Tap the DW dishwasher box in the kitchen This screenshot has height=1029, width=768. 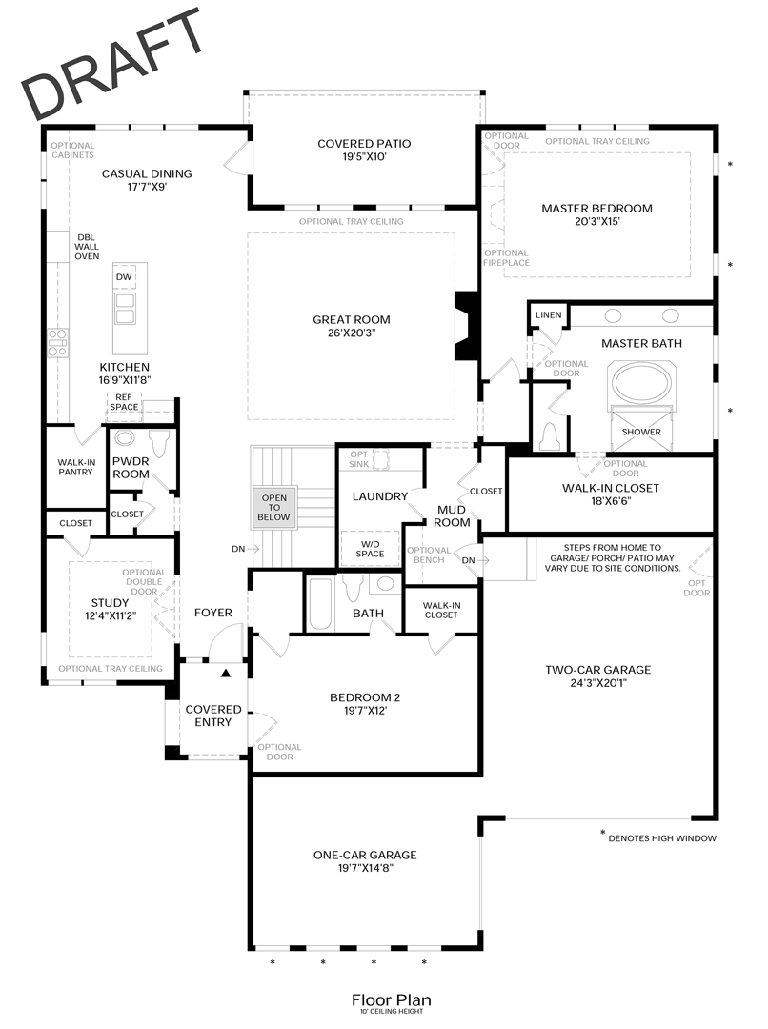point(124,277)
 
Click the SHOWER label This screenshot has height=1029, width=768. point(641,432)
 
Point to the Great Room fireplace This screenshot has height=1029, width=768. point(466,326)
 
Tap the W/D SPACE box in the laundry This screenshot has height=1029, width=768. point(370,548)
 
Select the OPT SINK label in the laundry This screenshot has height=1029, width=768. point(358,459)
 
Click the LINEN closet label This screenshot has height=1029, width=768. point(548,314)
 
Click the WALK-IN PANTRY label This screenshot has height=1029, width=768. point(75,467)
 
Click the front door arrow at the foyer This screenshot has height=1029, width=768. point(226,674)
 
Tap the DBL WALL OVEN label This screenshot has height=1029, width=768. point(87,246)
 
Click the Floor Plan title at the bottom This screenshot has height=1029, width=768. point(391,999)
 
